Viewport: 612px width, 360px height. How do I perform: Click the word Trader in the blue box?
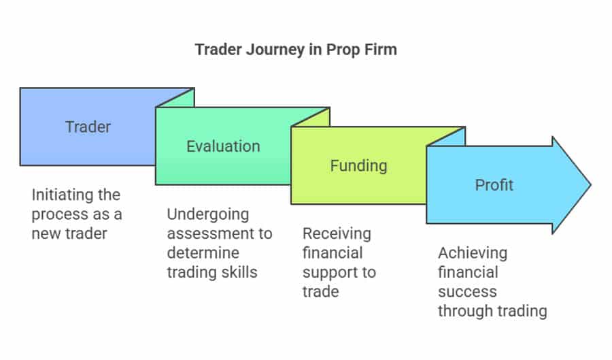click(88, 127)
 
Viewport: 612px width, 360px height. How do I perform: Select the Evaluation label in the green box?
click(223, 146)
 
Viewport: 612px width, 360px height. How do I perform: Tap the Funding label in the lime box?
click(358, 165)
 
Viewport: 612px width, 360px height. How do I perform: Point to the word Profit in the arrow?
click(494, 185)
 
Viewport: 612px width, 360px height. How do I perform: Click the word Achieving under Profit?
click(472, 253)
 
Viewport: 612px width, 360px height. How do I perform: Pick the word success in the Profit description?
click(467, 293)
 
